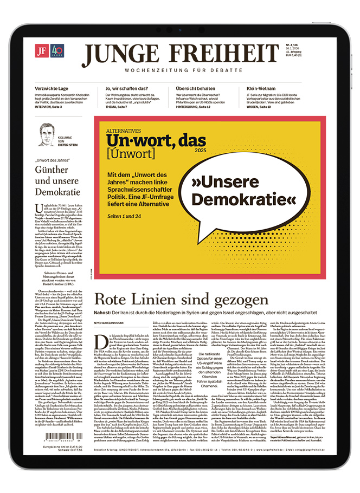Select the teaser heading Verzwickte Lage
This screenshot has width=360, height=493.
(52, 88)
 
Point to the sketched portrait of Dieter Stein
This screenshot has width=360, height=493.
(48, 134)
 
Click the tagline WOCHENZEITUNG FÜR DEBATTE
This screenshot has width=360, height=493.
(181, 70)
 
